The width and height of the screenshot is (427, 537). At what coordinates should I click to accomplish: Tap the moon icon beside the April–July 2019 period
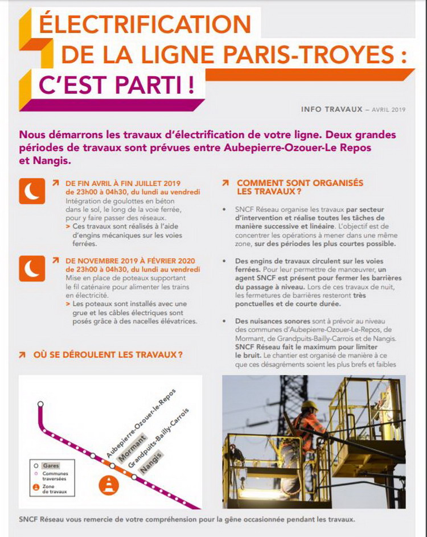click(x=32, y=191)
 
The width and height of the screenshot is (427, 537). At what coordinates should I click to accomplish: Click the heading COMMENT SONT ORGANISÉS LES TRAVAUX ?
click(x=299, y=187)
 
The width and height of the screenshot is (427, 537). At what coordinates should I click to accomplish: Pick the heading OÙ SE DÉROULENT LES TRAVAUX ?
click(x=108, y=354)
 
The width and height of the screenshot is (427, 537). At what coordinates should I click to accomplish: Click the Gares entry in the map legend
click(x=51, y=465)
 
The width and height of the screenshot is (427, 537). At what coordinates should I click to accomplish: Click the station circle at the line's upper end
click(x=40, y=404)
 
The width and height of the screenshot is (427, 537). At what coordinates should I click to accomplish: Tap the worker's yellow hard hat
click(x=310, y=405)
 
